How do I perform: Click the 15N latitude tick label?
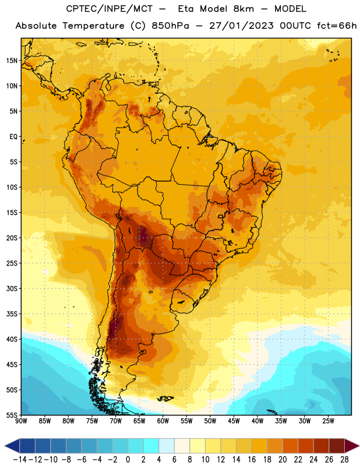[12, 61]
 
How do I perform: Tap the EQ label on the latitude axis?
[13, 137]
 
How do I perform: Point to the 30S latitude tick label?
[12, 288]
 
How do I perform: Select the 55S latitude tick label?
[12, 415]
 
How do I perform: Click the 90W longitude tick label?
[21, 421]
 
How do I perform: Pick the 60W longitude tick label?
[163, 421]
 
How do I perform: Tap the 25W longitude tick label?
[328, 421]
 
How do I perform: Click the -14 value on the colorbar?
[20, 460]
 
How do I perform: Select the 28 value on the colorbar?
[344, 460]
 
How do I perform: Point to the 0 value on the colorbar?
[128, 460]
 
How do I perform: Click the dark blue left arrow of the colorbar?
[12, 446]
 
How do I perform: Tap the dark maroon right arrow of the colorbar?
[352, 446]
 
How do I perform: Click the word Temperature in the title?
[93, 26]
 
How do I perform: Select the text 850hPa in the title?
[170, 26]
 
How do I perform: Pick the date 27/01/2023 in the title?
[241, 26]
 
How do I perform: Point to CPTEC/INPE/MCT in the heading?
[110, 9]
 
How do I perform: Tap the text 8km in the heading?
[243, 9]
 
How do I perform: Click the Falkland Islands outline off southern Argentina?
[165, 398]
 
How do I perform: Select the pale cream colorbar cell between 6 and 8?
[182, 446]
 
